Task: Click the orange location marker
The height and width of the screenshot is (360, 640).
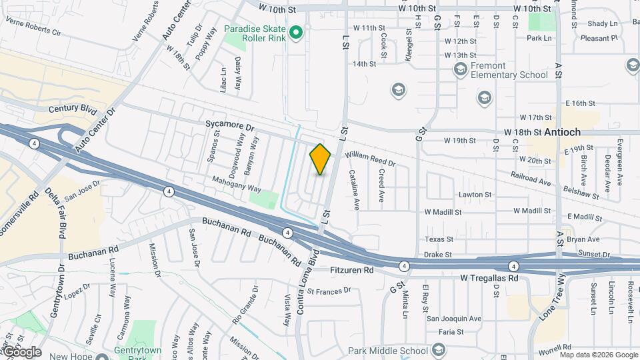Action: click(x=321, y=159)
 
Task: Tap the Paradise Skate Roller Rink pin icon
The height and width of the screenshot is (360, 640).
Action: click(x=297, y=31)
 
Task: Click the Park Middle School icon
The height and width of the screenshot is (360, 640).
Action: click(x=438, y=350)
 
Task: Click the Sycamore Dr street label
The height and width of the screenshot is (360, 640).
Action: click(x=230, y=126)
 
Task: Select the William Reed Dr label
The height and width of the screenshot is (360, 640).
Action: click(x=370, y=159)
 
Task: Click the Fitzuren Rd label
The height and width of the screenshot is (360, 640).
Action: click(x=352, y=271)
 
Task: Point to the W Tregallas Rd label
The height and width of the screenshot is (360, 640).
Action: click(x=489, y=277)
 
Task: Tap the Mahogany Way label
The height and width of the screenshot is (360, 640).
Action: click(x=237, y=184)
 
